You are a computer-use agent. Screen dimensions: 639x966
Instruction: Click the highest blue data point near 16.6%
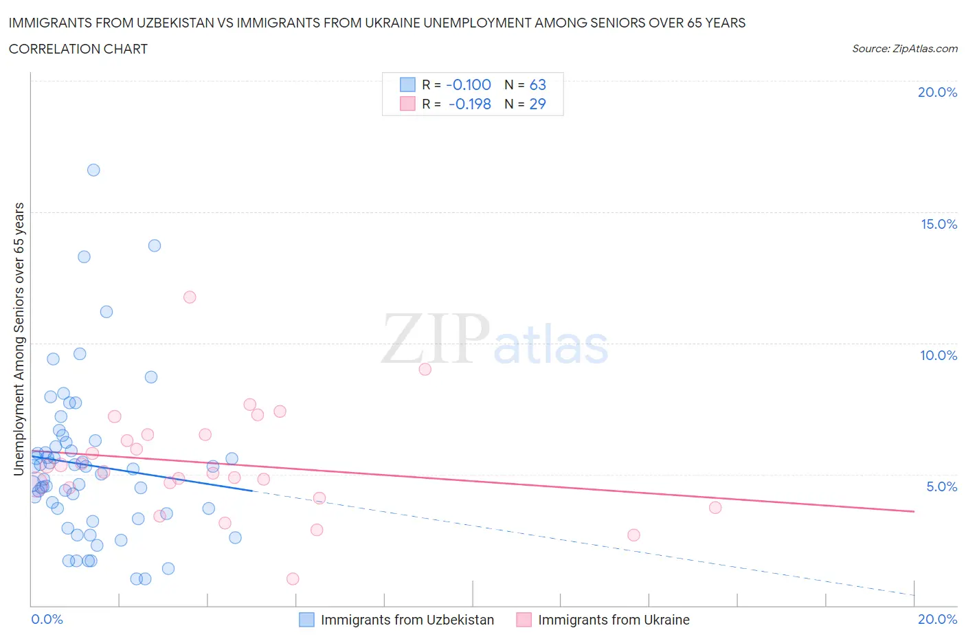click(x=93, y=170)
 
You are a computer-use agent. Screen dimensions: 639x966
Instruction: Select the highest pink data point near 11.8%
click(x=190, y=297)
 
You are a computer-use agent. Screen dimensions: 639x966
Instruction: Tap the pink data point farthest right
click(x=715, y=507)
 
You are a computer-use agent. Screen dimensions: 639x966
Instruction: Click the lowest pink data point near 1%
click(x=293, y=579)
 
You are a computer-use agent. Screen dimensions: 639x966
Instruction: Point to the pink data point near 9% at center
click(x=425, y=369)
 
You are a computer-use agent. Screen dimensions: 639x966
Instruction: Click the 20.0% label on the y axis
click(x=937, y=92)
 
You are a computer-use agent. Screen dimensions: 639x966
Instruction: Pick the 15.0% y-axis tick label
click(x=939, y=224)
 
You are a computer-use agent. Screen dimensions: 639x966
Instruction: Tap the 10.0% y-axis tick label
click(x=939, y=355)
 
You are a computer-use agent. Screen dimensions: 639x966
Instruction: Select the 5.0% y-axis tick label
click(x=941, y=486)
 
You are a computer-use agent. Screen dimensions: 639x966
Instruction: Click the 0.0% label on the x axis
click(x=47, y=619)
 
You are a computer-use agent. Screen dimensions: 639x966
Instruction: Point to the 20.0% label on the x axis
click(x=937, y=619)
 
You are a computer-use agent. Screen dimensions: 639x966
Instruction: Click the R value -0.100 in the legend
click(x=469, y=85)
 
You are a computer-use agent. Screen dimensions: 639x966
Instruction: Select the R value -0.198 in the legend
click(x=470, y=104)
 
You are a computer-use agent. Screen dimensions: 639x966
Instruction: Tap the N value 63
click(x=537, y=85)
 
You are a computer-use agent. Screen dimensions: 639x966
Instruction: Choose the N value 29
click(x=537, y=104)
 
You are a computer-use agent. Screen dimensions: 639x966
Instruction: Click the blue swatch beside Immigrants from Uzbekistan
click(x=306, y=620)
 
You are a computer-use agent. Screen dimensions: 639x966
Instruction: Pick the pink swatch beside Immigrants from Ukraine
click(x=524, y=620)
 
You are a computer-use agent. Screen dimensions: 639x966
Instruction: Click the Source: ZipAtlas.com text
click(x=904, y=48)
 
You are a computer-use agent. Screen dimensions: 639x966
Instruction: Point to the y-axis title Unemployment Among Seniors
click(x=19, y=339)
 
